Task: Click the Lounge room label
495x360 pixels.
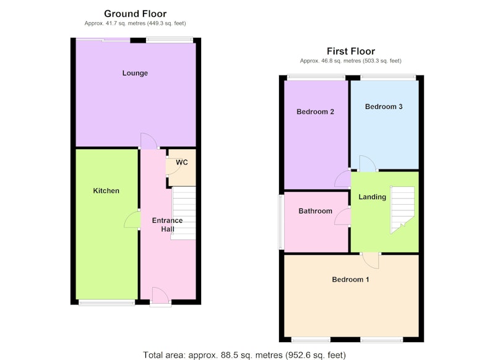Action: coord(135,73)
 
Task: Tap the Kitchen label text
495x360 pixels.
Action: coord(106,191)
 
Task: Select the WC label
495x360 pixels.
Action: coord(182,162)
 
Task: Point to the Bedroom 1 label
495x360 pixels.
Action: coord(350,280)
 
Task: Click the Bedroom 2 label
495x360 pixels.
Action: coord(316,112)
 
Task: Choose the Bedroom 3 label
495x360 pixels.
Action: coord(384,106)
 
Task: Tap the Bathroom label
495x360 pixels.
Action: coord(316,211)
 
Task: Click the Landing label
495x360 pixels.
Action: coord(372,197)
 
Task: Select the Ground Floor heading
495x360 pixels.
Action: coord(135,14)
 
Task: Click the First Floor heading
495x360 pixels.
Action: coord(351,51)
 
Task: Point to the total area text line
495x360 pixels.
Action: coord(244,355)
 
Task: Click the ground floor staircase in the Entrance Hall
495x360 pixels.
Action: coord(183,213)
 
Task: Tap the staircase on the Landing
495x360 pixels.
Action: coord(402,210)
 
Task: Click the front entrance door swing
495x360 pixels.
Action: coord(161,296)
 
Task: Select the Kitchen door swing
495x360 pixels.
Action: coord(132,219)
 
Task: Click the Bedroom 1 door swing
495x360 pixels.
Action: coord(370,260)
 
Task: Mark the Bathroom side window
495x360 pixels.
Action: coord(280,222)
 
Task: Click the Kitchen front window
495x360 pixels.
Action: coord(106,303)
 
